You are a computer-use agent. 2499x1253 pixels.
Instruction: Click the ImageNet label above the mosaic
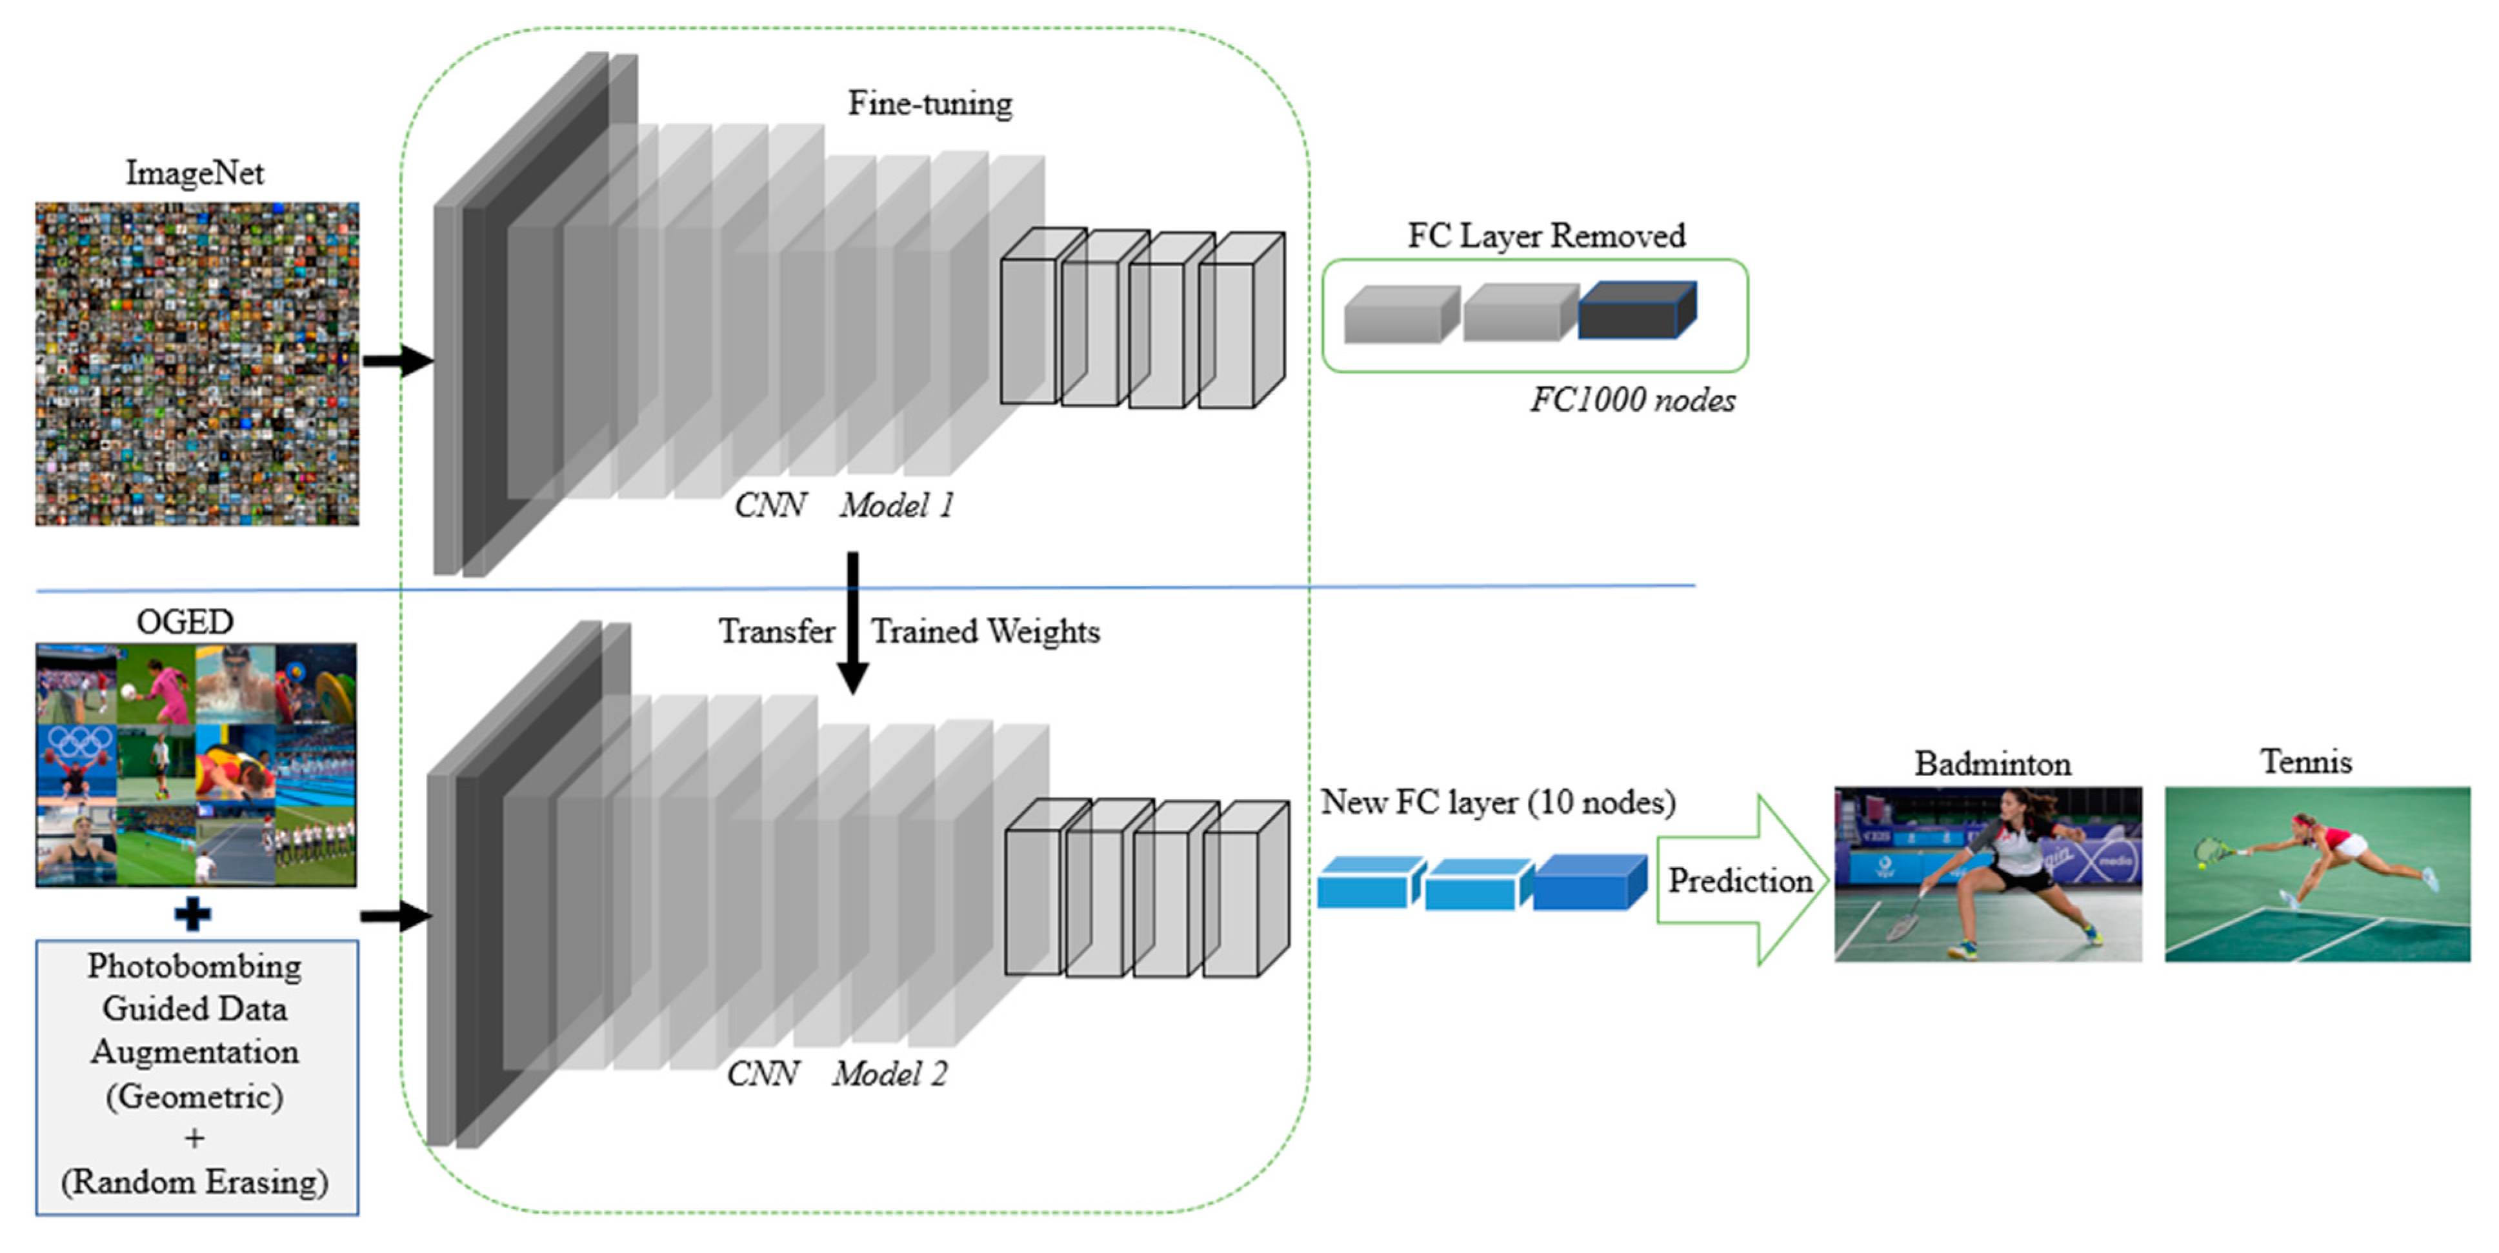tap(195, 173)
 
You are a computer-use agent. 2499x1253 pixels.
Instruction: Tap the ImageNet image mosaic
tap(197, 364)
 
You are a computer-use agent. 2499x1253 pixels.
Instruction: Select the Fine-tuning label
tap(929, 103)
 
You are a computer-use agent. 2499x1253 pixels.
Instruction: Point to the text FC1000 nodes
tap(1632, 399)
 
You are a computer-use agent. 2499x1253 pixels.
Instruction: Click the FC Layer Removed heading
tap(1547, 236)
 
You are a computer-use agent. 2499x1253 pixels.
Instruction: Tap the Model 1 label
tap(896, 505)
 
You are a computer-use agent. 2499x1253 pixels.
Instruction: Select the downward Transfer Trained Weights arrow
tap(853, 623)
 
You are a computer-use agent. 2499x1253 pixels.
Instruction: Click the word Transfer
tap(776, 632)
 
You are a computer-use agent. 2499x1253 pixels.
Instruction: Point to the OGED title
tap(185, 621)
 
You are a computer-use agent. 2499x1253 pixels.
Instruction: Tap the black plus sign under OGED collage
tap(192, 914)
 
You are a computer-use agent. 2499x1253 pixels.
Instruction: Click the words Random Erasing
tap(194, 1181)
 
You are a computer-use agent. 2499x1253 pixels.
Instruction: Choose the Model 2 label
tap(890, 1074)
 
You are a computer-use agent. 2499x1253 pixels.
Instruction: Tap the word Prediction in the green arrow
tap(1740, 881)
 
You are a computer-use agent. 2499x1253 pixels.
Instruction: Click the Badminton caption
tap(1992, 764)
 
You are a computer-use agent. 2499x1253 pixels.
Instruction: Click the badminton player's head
tap(2015, 805)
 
